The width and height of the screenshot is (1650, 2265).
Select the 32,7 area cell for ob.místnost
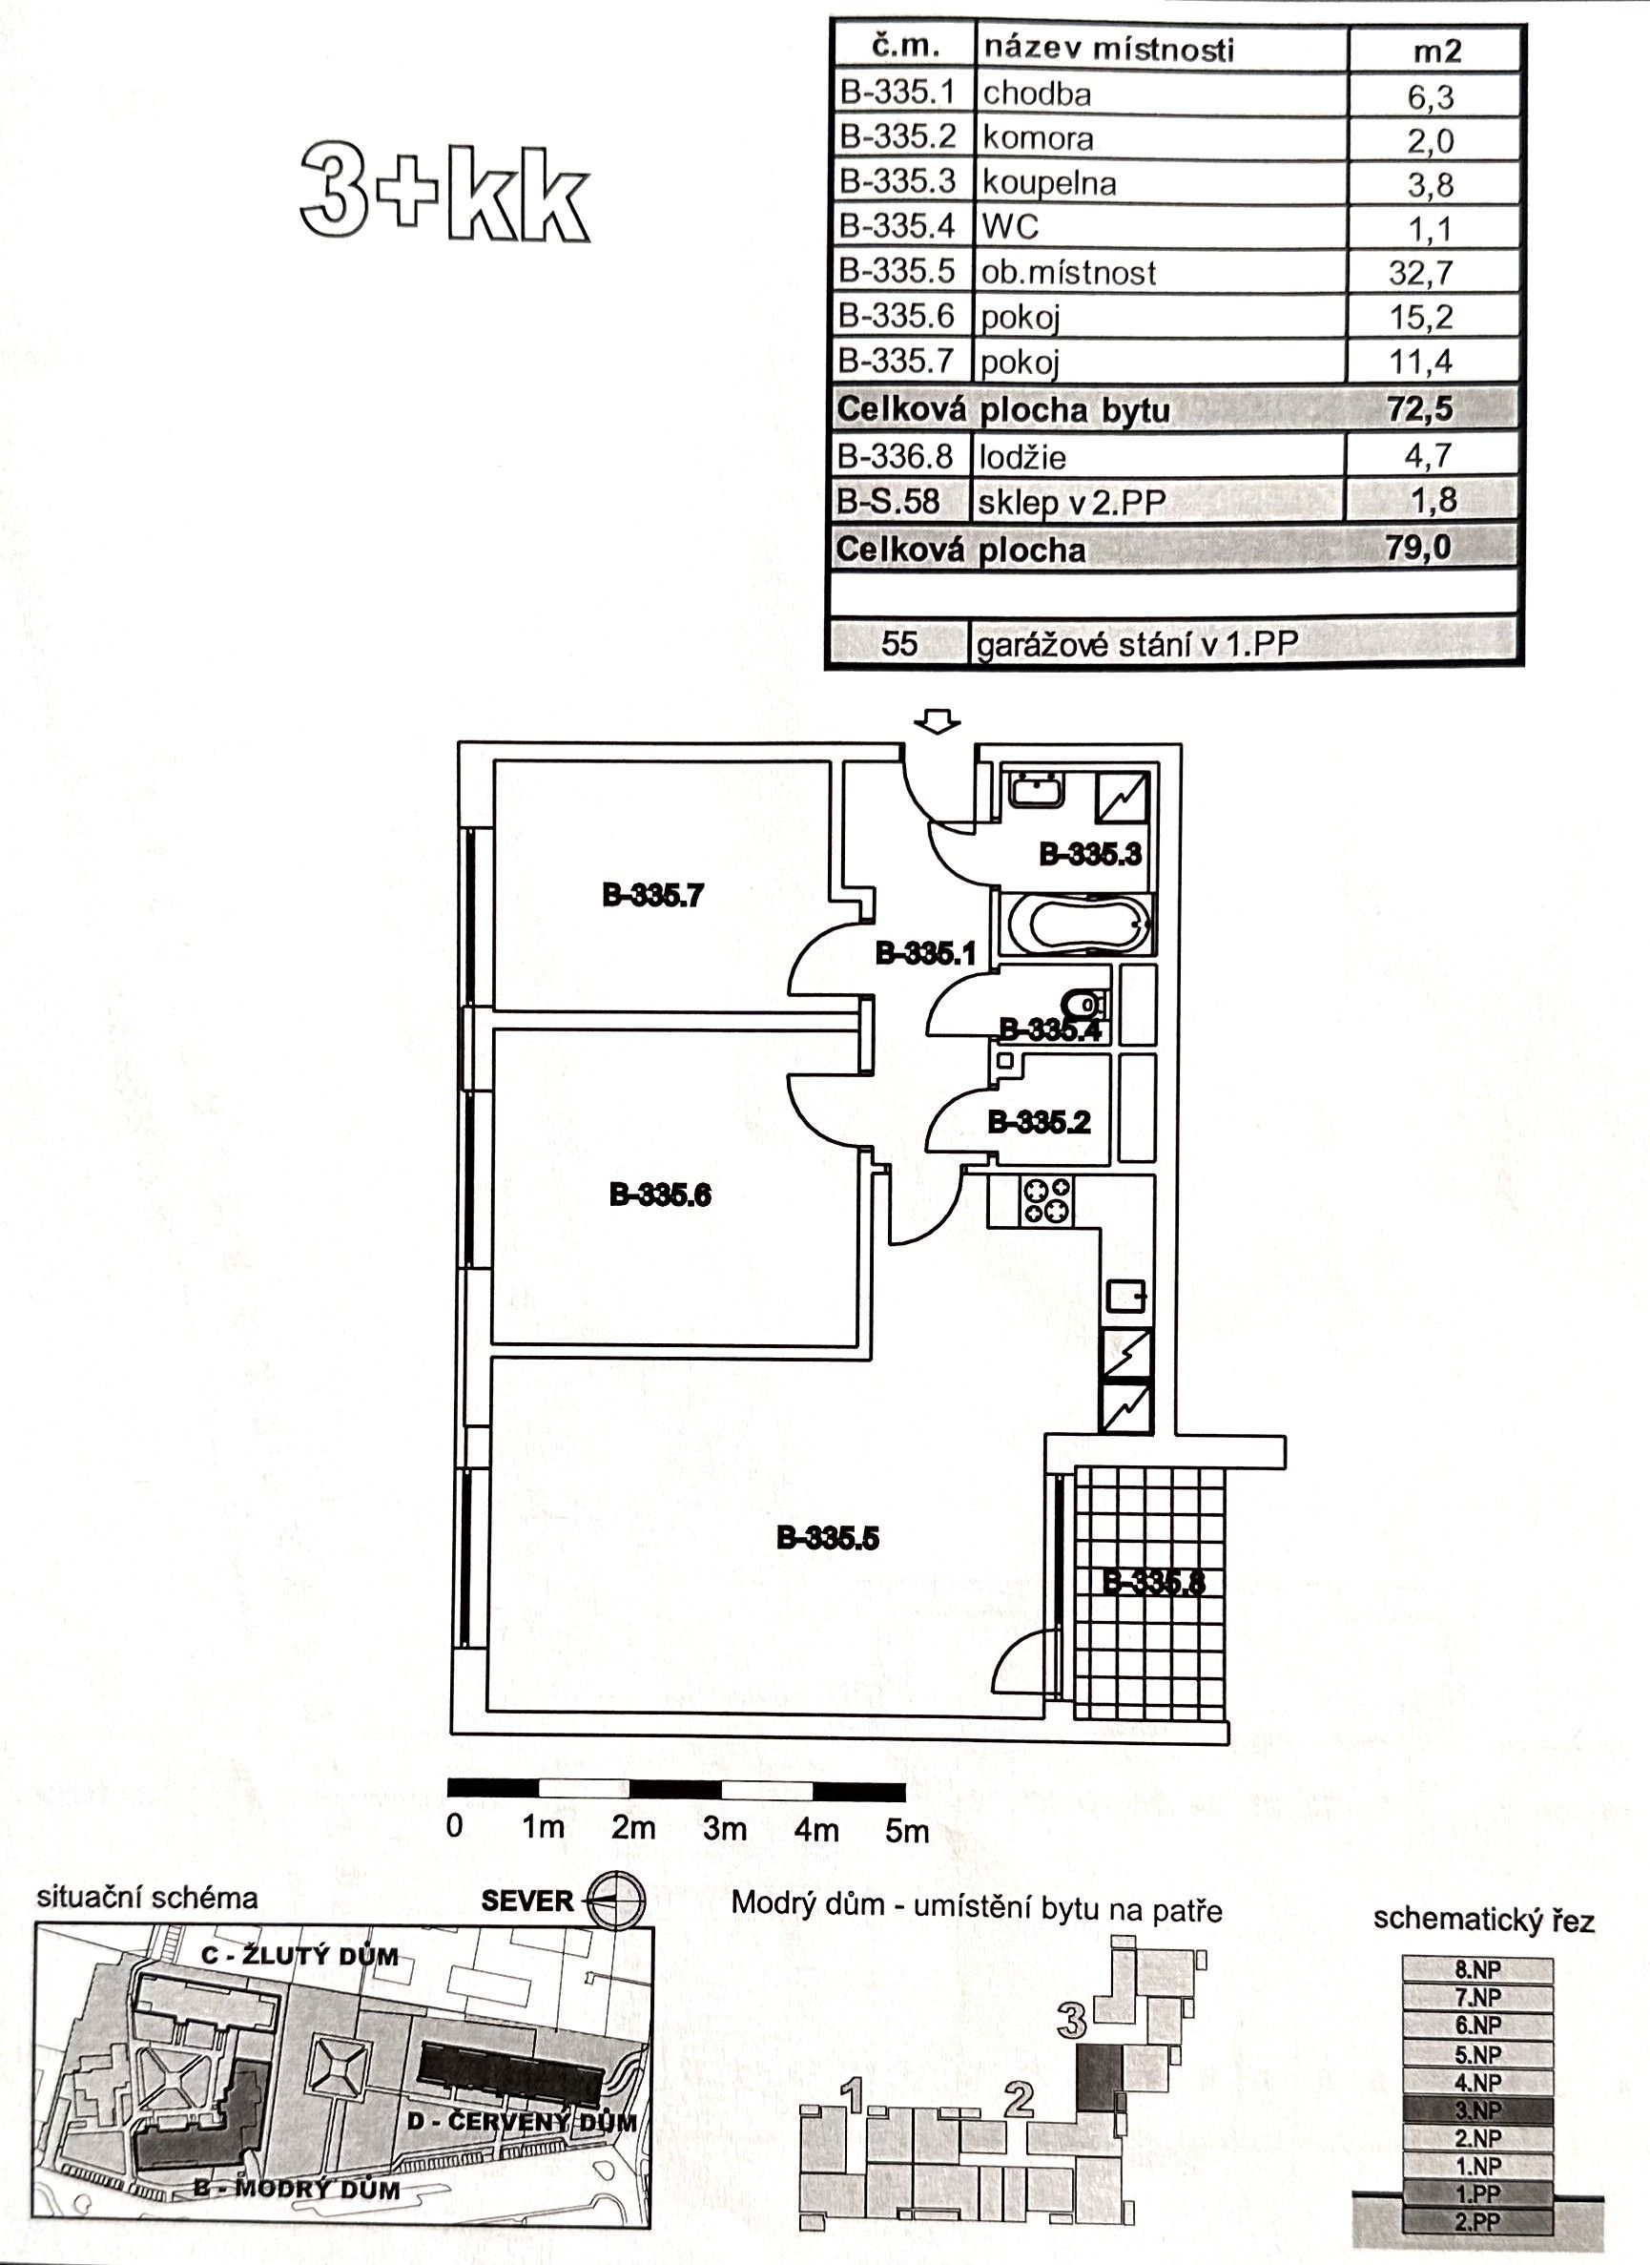[x=1420, y=273]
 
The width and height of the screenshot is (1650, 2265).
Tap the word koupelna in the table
[x=1050, y=183]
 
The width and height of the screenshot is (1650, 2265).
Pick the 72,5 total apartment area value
[x=1420, y=407]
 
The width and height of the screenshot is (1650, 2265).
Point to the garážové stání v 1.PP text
[x=1137, y=644]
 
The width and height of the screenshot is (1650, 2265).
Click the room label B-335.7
[x=653, y=894]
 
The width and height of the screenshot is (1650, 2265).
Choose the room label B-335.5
[x=828, y=1539]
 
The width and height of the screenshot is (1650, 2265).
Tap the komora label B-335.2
[x=1039, y=1122]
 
